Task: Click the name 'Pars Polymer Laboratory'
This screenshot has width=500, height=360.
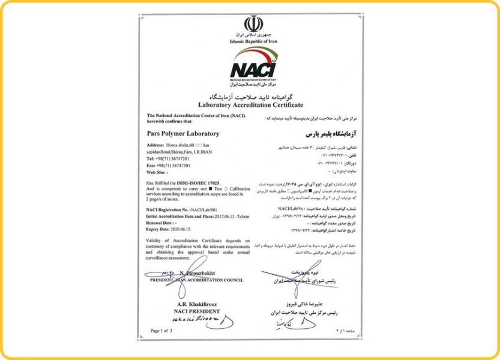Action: (x=182, y=133)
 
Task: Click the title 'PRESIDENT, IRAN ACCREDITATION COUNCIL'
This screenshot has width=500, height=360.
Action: (x=196, y=278)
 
